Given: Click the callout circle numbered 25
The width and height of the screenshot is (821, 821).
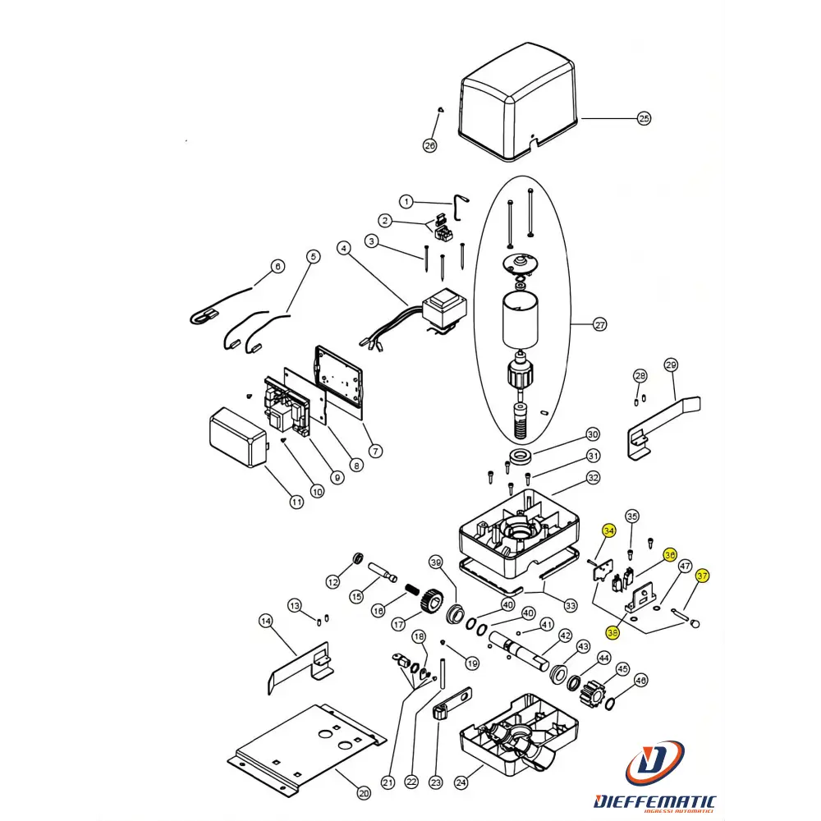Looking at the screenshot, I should click(x=644, y=119).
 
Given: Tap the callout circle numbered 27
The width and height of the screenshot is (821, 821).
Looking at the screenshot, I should click(x=599, y=325).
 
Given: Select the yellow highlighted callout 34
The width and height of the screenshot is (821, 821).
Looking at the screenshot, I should click(x=608, y=531).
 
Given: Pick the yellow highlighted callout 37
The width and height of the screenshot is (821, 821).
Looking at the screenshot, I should click(x=702, y=576).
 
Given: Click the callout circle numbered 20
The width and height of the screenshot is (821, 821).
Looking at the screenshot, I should click(x=364, y=793).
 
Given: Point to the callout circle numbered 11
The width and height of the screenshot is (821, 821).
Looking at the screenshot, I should click(x=297, y=502).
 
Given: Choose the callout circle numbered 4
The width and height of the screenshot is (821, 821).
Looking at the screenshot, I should click(x=344, y=248).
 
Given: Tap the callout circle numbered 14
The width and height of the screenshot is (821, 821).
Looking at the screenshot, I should click(x=265, y=621).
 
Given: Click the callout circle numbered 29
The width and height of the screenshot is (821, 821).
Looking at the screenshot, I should click(x=671, y=365).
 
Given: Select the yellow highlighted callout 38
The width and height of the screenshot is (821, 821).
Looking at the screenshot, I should click(x=612, y=632).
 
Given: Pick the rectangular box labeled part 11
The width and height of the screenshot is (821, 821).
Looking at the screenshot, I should click(x=238, y=438).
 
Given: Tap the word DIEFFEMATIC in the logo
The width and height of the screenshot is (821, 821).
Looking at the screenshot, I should click(x=654, y=801).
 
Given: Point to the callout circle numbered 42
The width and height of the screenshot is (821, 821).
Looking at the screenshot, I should click(x=565, y=635).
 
